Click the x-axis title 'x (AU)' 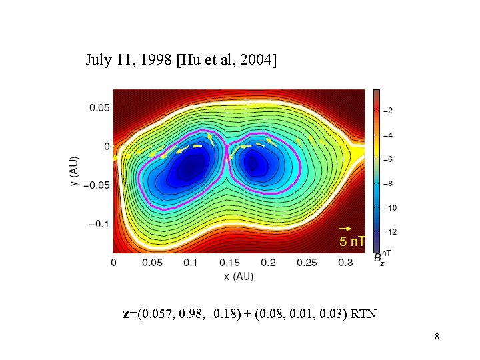click(239, 276)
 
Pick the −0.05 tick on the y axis click(97, 185)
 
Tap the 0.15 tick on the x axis click(229, 263)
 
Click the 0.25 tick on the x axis click(307, 263)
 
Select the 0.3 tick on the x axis click(345, 263)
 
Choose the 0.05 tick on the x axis click(152, 263)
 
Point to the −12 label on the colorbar click(391, 232)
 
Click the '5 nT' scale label click(352, 241)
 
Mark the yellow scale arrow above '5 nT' click(347, 229)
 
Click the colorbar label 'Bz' click(378, 257)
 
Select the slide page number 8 click(437, 337)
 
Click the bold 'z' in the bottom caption click(126, 313)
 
